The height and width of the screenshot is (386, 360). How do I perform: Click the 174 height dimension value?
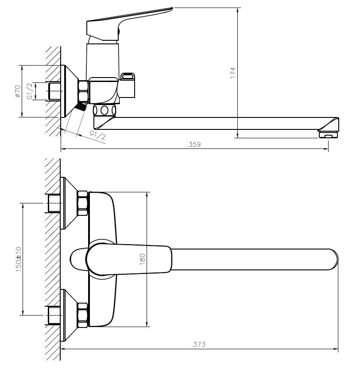pos(233,73)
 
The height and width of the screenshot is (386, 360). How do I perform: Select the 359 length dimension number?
pos(194,144)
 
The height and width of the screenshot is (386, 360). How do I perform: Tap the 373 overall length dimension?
pos(199,344)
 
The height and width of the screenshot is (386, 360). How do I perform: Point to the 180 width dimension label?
pos(143,259)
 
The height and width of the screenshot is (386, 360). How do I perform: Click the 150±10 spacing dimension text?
pos(19,259)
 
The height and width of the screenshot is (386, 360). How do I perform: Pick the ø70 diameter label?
pos(17,91)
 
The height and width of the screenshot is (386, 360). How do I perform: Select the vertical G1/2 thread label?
pos(30,91)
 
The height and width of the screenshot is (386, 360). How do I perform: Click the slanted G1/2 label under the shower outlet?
pos(98,135)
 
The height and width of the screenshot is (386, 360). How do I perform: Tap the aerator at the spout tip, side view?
pos(328,135)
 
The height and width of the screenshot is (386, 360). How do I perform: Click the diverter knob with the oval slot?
pos(128,85)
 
